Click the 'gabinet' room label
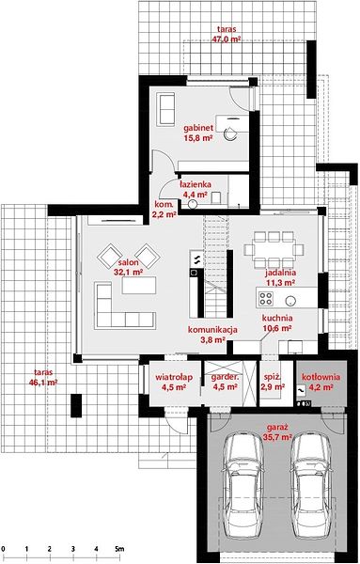[198, 128]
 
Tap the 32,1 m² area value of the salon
[129, 273]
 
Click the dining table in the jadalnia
[274, 249]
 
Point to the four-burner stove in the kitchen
[266, 298]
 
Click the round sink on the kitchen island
[290, 300]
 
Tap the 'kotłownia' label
[321, 377]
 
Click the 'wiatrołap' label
[174, 377]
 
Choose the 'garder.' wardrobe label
[225, 378]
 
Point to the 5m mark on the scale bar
[119, 549]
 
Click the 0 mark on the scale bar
[3, 549]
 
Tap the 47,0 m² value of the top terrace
[227, 39]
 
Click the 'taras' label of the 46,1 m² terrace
[43, 372]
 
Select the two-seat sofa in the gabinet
[165, 109]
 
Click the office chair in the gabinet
[230, 133]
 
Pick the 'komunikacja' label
[212, 329]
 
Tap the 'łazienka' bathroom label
[196, 184]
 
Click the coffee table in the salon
[139, 285]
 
